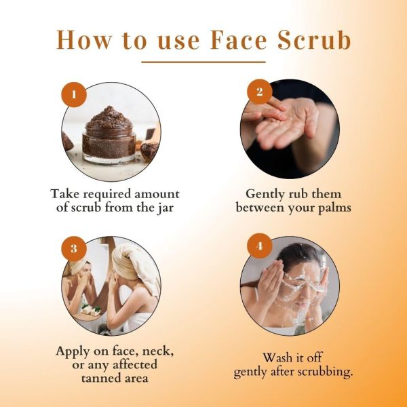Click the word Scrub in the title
[315, 40]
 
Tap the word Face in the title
[239, 40]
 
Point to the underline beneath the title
[203, 62]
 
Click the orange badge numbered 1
[74, 94]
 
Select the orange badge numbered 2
[260, 92]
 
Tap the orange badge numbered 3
[74, 248]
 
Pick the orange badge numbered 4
[260, 246]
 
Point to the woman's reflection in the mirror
[78, 283]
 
